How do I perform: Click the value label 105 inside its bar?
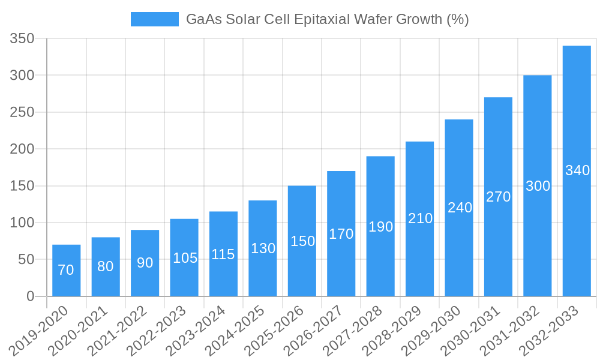pos(185,258)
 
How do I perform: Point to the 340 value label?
pos(577,170)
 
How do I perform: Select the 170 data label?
pos(341,234)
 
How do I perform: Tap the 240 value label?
pos(460,208)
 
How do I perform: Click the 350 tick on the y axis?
pos(22,39)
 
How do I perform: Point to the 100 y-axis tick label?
pos(22,223)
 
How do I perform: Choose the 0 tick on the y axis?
pos(31,296)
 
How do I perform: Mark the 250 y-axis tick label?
pos(22,112)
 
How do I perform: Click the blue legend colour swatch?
pos(154,19)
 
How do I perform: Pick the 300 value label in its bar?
pos(538,186)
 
